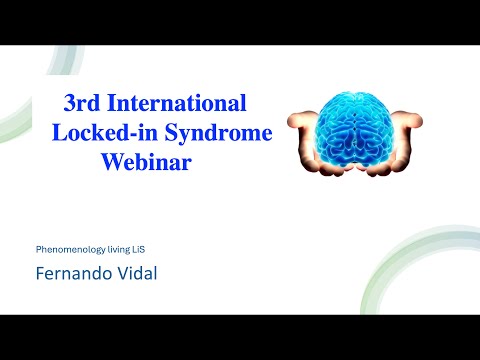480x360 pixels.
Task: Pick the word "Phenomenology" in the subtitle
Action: (x=71, y=246)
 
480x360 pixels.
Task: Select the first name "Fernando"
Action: (x=73, y=271)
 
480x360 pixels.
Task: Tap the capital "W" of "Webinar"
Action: (x=112, y=163)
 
